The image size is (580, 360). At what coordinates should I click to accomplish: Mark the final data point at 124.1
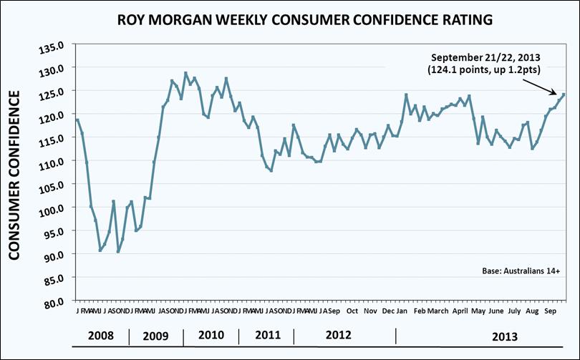(564, 94)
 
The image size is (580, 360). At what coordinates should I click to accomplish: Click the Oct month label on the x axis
(352, 312)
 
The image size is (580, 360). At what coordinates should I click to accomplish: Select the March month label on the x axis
(438, 312)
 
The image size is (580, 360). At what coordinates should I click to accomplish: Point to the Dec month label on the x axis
(388, 312)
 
